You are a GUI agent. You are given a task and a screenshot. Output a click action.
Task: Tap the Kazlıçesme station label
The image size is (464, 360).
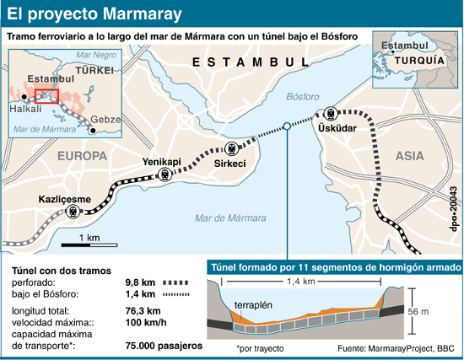pos(64,199)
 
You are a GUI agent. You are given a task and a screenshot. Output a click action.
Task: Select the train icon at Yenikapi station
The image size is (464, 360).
pos(165,175)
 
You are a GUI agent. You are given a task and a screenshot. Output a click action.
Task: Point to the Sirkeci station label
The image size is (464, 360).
pos(229,163)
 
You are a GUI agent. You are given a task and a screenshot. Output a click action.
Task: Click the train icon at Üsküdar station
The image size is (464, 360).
pos(330,113)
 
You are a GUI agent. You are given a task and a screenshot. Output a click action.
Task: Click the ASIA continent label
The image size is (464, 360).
pos(409,155)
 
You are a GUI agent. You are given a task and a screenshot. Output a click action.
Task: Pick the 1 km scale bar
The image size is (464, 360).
pos(93,246)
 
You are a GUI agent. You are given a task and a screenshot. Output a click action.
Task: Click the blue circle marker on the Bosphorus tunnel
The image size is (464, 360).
pos(288,126)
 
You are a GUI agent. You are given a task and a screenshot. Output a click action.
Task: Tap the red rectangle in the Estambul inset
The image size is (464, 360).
pos(47,95)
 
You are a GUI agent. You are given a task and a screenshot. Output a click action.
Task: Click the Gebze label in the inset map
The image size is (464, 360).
pos(105,119)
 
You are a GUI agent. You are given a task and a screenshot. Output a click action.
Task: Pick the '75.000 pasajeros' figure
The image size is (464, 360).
pos(164,346)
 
